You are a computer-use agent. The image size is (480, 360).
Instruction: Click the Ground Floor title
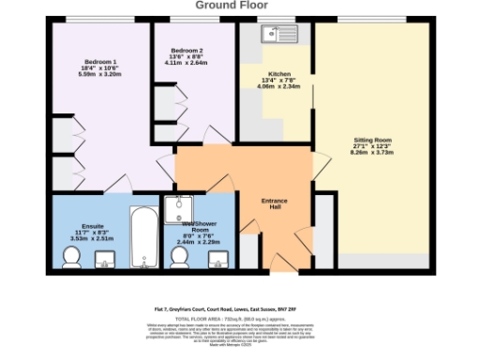pyautogui.click(x=239, y=5)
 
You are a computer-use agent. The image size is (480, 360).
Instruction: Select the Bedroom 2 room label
pyautogui.click(x=187, y=50)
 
